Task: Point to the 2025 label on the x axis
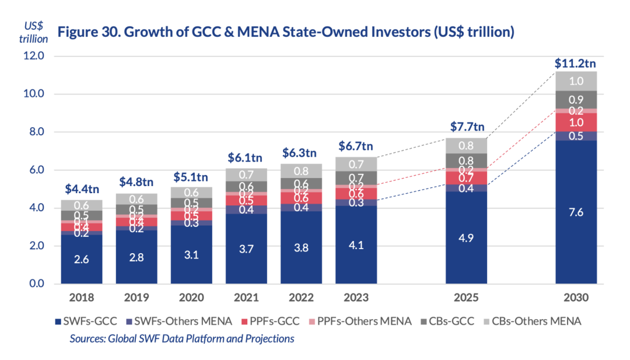tap(467, 298)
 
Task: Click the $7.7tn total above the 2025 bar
tap(467, 128)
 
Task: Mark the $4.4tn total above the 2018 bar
tap(81, 189)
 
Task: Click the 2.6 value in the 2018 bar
tap(81, 260)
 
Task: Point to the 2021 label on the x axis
tap(246, 298)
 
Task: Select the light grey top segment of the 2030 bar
tap(576, 81)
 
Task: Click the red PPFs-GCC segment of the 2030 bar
tap(576, 123)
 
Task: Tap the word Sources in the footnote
tap(87, 338)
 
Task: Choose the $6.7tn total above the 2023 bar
tap(356, 146)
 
